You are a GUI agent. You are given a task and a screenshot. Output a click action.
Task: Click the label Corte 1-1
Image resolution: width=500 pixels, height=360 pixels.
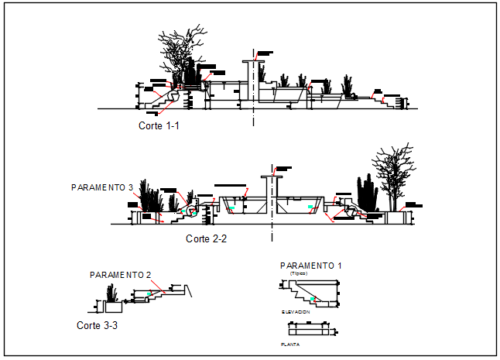click(x=159, y=125)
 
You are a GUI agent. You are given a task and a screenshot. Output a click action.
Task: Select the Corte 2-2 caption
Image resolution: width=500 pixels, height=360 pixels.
click(x=206, y=238)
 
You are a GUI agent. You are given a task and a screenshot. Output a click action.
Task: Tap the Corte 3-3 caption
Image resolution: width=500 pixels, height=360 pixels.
click(x=98, y=325)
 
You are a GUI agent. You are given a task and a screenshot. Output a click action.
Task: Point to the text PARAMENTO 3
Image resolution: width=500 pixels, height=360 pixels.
click(x=103, y=187)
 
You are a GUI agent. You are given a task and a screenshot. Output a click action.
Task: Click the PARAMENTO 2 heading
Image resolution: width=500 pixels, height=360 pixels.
click(x=120, y=275)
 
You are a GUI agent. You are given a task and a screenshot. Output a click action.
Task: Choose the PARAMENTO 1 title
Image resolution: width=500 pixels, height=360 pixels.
click(x=310, y=266)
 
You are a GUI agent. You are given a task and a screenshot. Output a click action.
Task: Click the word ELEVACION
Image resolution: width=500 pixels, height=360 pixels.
click(x=296, y=311)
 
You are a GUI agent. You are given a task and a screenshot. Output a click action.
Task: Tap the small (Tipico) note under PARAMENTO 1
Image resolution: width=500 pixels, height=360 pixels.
click(x=299, y=273)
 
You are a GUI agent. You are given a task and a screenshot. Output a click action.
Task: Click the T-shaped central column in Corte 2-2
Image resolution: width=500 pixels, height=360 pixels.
click(x=271, y=194)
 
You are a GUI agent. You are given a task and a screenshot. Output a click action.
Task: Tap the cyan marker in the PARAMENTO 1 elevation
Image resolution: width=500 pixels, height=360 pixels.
click(x=313, y=299)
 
